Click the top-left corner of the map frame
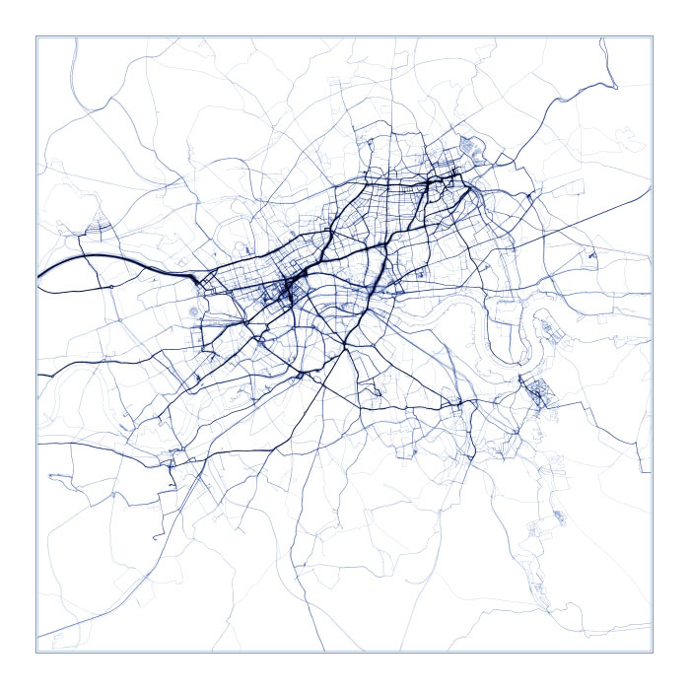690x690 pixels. pyautogui.click(x=36, y=36)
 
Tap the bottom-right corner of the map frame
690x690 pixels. pyautogui.click(x=653, y=652)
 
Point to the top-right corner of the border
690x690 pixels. pyautogui.click(x=653, y=36)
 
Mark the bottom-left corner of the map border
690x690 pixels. pyautogui.click(x=36, y=652)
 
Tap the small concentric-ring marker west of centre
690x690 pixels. pyautogui.click(x=192, y=311)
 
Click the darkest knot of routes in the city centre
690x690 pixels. pyautogui.click(x=287, y=291)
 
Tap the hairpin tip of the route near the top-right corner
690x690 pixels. pyautogui.click(x=616, y=87)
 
